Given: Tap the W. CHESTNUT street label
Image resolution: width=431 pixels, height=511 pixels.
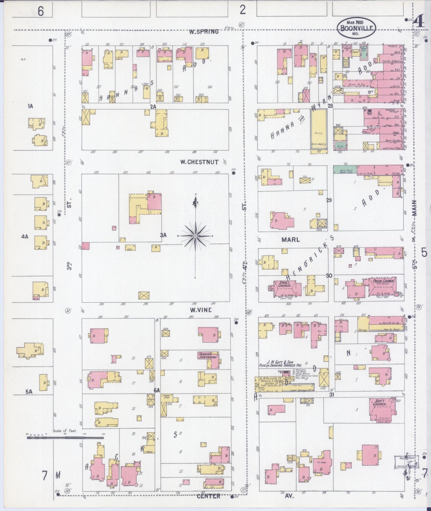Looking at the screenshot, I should pos(199,162).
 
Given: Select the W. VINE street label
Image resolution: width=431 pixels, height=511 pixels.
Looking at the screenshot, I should pos(201,310).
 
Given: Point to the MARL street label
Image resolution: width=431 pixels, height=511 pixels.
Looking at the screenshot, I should pos(290,240).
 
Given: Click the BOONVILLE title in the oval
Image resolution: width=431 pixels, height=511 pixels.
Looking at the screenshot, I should pos(357,29).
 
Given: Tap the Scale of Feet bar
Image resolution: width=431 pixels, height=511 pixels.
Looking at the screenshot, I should pos(65,438).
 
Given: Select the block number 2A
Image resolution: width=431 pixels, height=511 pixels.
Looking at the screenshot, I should pos(153,106).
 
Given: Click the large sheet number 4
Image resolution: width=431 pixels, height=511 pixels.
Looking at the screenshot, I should pos(420,22).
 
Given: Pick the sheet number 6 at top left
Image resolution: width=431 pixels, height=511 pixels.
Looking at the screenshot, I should pos(41,11).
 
